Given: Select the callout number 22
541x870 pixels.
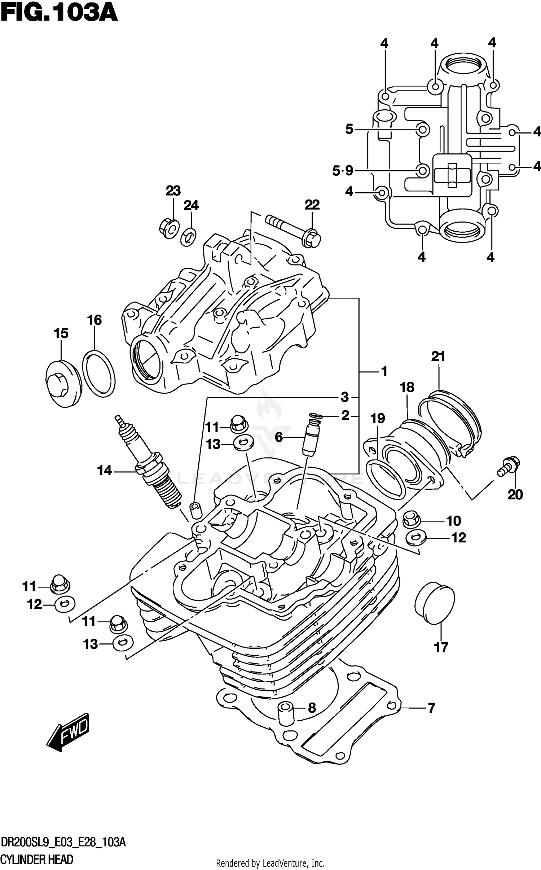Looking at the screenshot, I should coord(312,205).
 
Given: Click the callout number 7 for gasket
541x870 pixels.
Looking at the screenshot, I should coord(431,708).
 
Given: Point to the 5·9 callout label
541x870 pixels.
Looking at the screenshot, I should coord(343,170).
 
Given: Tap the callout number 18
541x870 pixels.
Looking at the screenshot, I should coord(407,388).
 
